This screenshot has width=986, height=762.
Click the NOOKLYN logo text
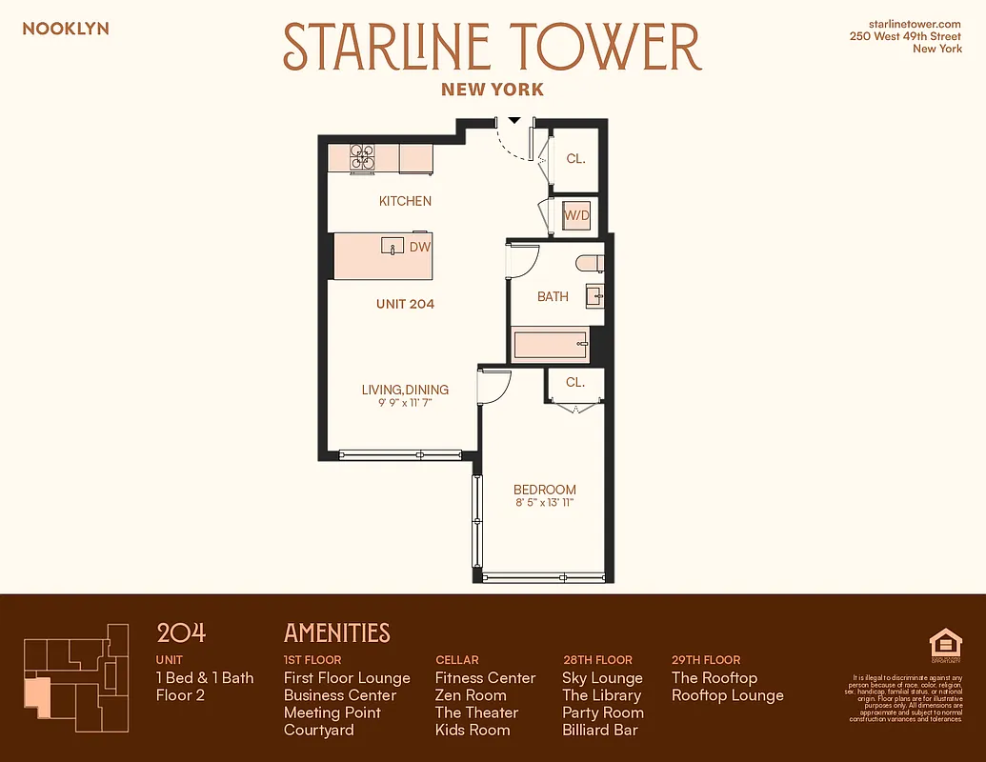click(66, 29)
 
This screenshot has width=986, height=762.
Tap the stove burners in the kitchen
click(363, 157)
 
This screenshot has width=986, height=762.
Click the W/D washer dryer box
click(577, 216)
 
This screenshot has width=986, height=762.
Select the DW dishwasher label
click(420, 247)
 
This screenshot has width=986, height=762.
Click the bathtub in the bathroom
click(551, 344)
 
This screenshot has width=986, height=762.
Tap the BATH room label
click(553, 296)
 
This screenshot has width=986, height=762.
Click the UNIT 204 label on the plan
click(404, 304)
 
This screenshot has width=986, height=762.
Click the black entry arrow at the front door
click(514, 121)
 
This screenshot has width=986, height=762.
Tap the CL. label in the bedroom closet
click(574, 382)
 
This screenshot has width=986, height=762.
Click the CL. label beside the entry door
click(575, 159)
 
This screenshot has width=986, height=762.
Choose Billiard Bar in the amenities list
click(600, 730)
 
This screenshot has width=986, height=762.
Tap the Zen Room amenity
click(471, 695)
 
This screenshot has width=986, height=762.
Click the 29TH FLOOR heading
click(706, 659)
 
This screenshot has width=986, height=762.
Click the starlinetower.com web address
click(915, 23)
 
